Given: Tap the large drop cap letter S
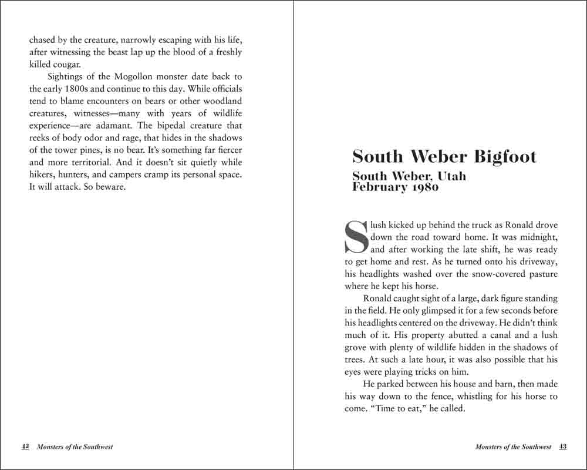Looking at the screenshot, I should (x=356, y=237).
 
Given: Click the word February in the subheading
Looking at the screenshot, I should (x=379, y=187).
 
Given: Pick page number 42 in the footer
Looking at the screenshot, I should (x=25, y=446).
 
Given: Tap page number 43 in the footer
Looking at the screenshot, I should (x=562, y=446).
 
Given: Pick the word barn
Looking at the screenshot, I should (x=475, y=384).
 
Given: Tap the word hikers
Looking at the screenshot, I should (x=43, y=175).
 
